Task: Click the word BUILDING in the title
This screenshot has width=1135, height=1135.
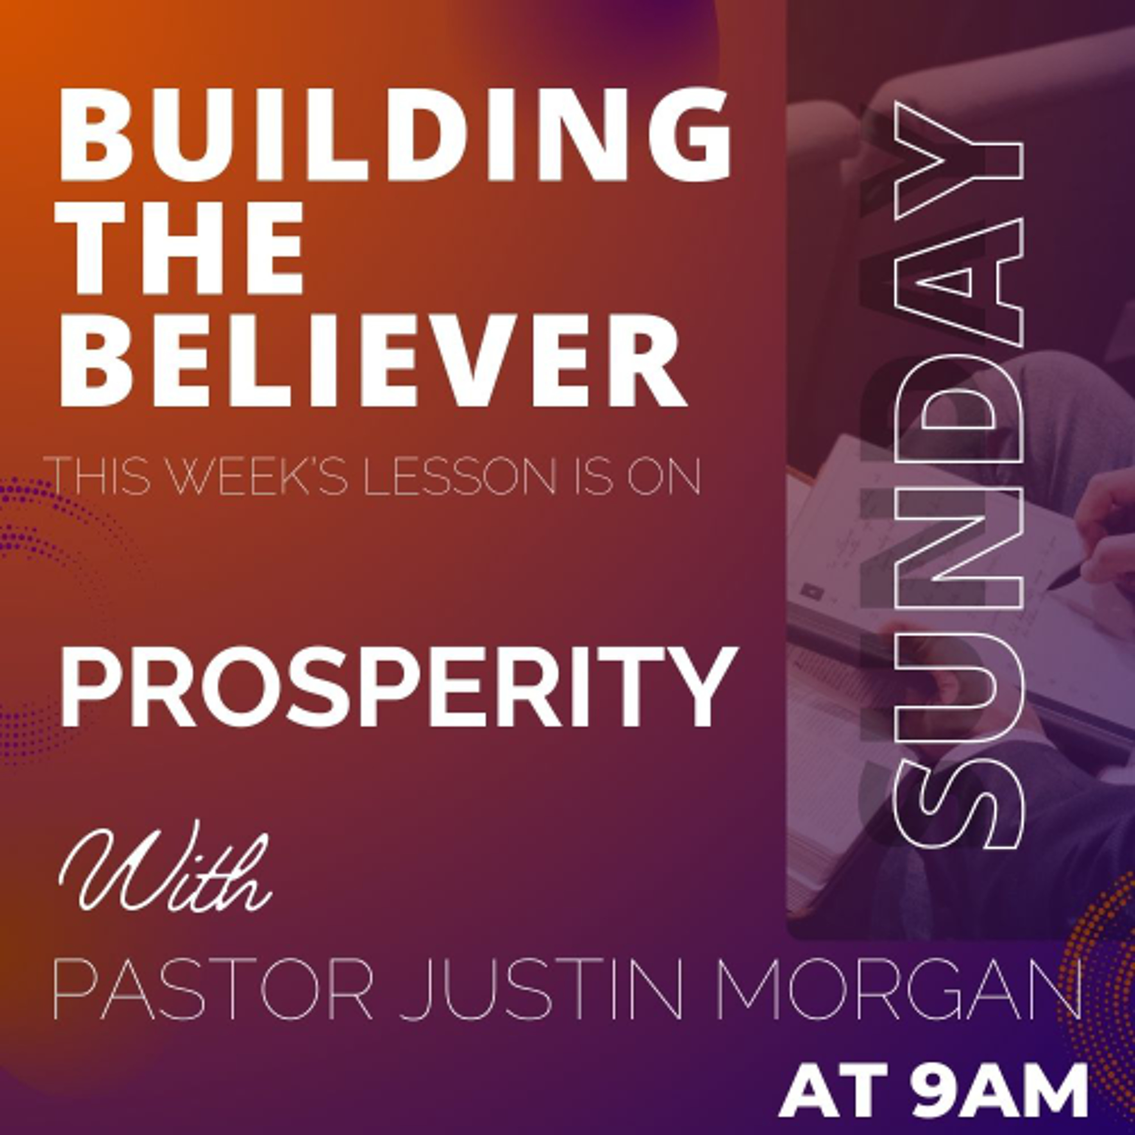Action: [395, 135]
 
